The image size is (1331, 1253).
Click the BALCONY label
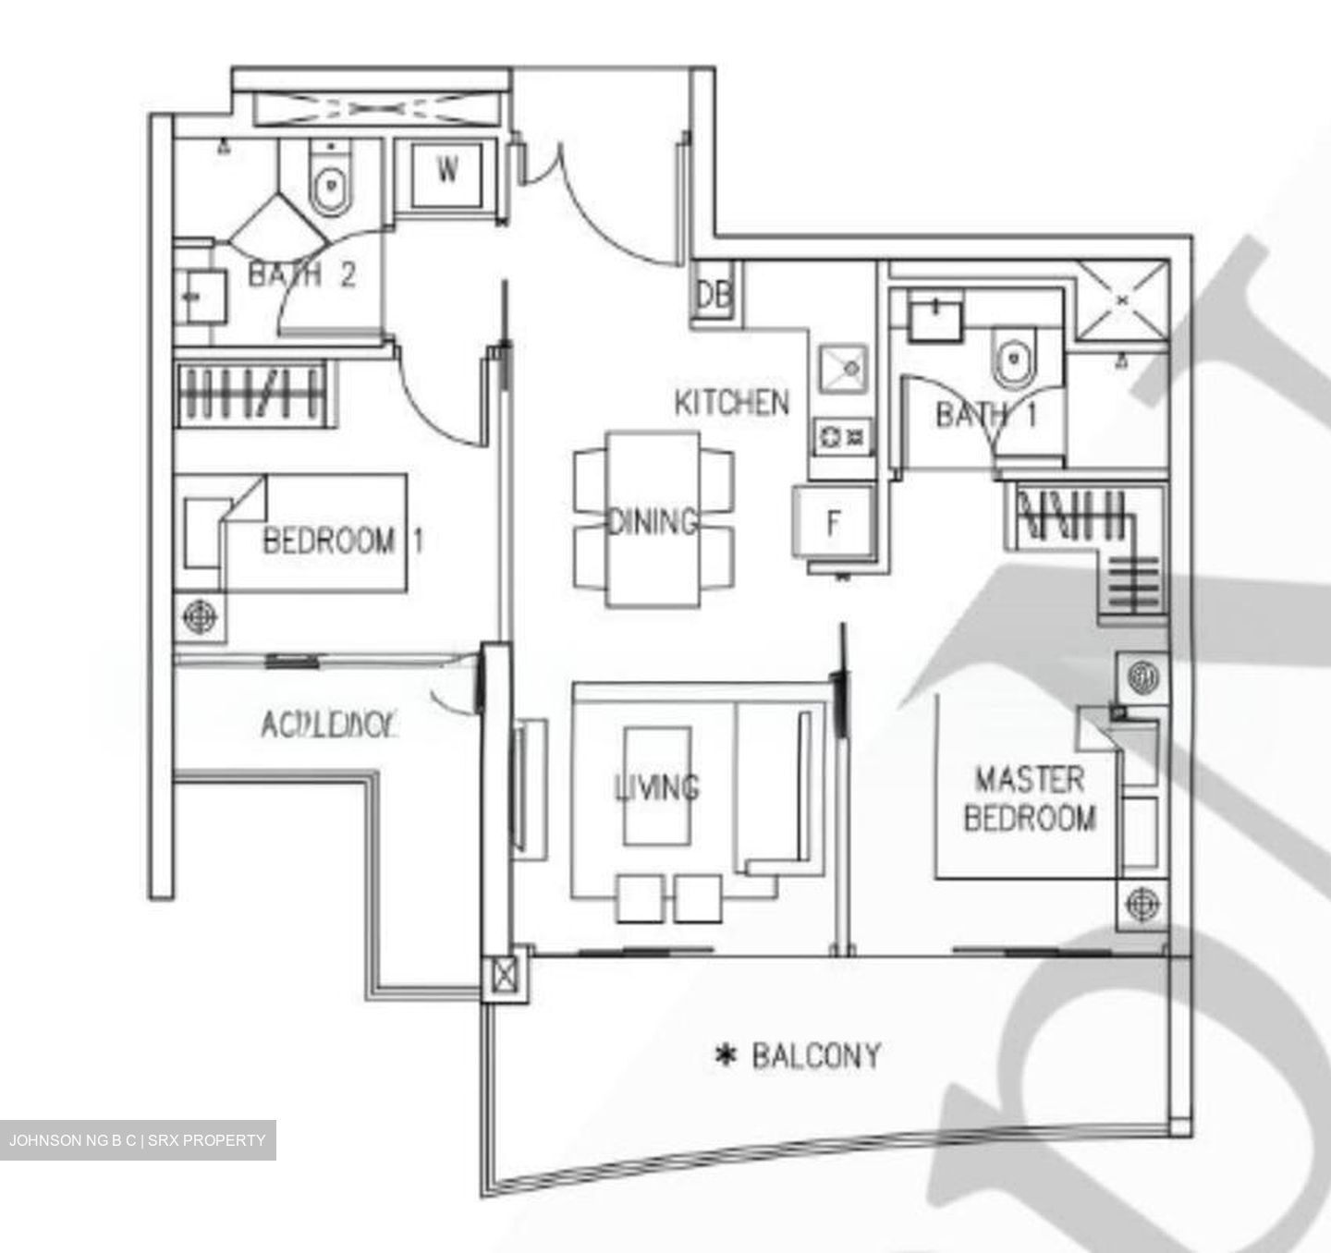[816, 1055]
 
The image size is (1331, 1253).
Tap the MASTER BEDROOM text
[1029, 798]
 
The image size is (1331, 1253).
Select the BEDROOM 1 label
[343, 540]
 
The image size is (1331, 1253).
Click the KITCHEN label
[732, 403]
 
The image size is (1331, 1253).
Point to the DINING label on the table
[653, 522]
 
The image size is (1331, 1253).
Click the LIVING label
[657, 787]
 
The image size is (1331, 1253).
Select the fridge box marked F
[833, 523]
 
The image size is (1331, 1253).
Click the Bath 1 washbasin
[934, 319]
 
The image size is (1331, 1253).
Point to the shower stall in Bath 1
[1122, 300]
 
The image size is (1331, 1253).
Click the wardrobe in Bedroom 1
[252, 395]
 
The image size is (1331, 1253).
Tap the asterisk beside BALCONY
[727, 1055]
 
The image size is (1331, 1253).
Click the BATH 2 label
[301, 274]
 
